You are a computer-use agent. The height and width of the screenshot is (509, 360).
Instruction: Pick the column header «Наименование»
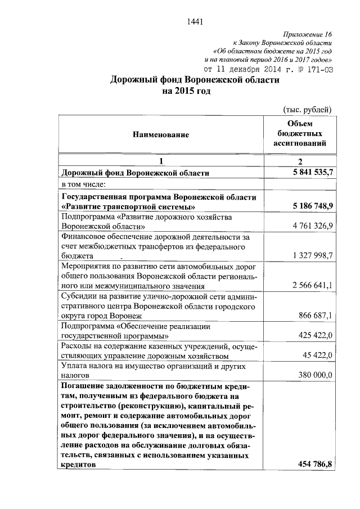click(161, 134)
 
